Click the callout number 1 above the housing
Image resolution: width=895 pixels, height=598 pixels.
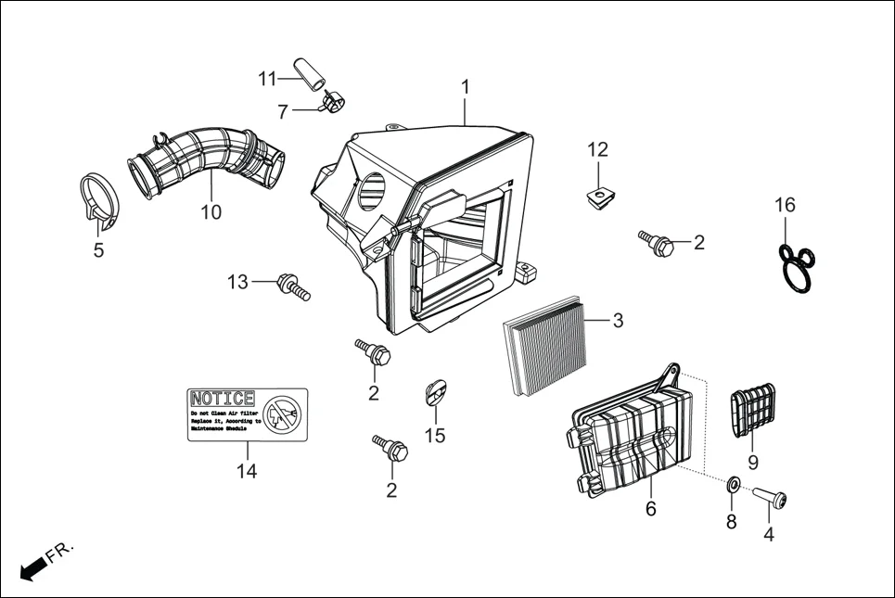(466, 87)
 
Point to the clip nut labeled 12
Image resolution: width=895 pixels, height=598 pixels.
(599, 195)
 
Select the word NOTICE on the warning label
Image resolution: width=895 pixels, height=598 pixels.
(222, 399)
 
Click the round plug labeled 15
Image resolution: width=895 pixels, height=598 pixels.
(435, 391)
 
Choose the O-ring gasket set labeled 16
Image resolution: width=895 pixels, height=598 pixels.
(796, 268)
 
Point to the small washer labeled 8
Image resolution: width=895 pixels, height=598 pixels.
(731, 485)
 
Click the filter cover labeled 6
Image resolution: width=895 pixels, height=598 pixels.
(631, 436)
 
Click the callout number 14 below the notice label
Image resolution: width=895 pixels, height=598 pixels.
(246, 470)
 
